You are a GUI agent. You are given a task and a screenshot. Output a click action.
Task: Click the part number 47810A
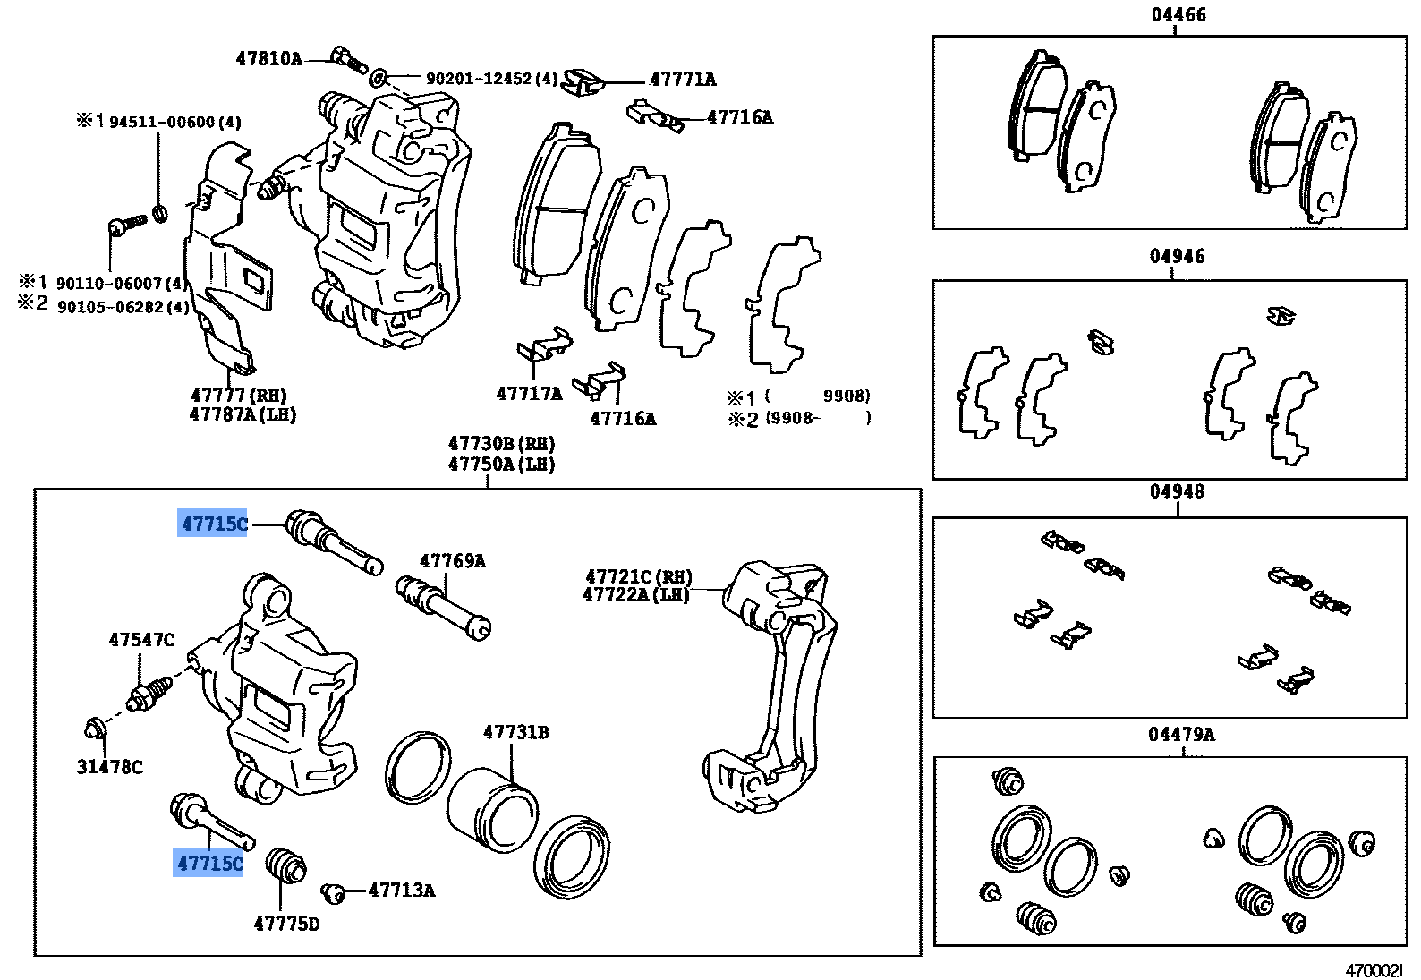pos(268,59)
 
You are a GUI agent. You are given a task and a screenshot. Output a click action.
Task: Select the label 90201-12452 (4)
pos(491,80)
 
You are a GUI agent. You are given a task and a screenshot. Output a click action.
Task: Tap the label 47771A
pos(683,80)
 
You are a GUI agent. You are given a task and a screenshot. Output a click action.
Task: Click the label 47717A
pos(529,394)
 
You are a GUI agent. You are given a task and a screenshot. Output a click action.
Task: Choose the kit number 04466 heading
pos(1177,15)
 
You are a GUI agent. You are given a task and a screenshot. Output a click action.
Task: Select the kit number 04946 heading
pos(1177,257)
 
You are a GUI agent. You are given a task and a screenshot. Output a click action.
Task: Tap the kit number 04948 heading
pos(1177,491)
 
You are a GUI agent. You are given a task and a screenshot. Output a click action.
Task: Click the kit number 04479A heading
pos(1181,735)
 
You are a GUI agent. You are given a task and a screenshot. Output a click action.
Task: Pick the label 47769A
pos(452,561)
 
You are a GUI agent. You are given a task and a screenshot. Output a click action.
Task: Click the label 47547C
pos(141,640)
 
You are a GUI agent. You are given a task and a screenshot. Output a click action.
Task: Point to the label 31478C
pos(110,767)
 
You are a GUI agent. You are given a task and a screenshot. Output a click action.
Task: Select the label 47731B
pos(515,733)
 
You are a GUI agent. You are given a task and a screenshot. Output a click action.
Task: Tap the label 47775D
pos(285,924)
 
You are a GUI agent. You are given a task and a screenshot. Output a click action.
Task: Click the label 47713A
pos(401,891)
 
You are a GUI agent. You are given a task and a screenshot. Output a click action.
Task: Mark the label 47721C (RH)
pos(638,577)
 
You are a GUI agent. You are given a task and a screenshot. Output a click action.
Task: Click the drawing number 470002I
pos(1374,970)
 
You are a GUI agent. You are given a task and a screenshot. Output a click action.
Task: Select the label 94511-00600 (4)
pos(174,123)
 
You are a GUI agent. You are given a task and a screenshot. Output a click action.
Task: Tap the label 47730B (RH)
pos(501,444)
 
